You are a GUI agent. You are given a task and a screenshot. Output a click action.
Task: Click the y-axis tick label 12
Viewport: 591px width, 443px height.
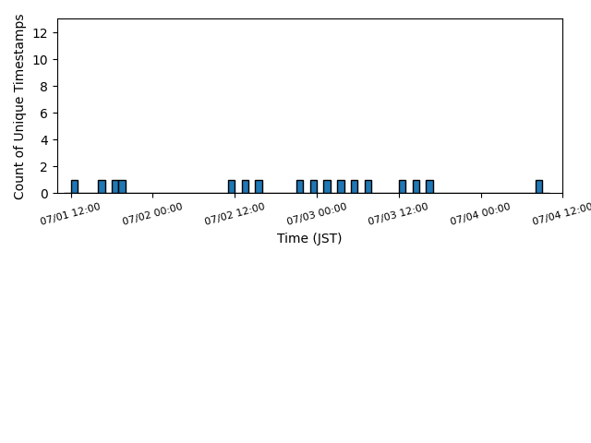pyautogui.click(x=40, y=33)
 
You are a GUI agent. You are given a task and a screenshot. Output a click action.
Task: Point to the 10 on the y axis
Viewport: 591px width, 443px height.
pyautogui.click(x=40, y=60)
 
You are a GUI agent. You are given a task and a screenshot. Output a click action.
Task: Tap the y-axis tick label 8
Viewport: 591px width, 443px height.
pyautogui.click(x=44, y=87)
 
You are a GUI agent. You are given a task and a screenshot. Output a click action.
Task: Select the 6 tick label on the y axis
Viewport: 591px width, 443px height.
pyautogui.click(x=44, y=114)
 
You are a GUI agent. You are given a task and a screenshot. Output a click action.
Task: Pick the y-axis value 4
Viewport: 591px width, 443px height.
pyautogui.click(x=44, y=140)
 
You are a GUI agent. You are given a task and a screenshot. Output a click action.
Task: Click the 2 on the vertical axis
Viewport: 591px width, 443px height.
pyautogui.click(x=44, y=167)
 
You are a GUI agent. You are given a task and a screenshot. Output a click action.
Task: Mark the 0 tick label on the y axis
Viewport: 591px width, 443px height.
pyautogui.click(x=44, y=194)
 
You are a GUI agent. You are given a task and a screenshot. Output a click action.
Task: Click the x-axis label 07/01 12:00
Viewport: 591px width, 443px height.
pyautogui.click(x=70, y=213)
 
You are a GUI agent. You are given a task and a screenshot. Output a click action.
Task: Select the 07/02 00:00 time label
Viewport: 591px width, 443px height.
pyautogui.click(x=152, y=213)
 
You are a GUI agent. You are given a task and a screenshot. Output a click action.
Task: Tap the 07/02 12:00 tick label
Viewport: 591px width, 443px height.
pyautogui.click(x=235, y=213)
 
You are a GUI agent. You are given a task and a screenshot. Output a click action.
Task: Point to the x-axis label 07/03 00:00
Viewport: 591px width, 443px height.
pyautogui.click(x=317, y=213)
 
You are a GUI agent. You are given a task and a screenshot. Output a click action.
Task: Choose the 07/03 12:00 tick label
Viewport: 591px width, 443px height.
pyautogui.click(x=398, y=213)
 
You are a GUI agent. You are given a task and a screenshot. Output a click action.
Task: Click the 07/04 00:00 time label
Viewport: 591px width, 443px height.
pyautogui.click(x=480, y=213)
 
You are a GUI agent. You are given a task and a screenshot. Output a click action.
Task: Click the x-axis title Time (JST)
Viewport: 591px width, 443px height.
pyautogui.click(x=309, y=238)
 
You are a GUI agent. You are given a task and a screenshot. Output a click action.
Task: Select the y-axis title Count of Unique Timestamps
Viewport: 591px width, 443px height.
pyautogui.click(x=18, y=107)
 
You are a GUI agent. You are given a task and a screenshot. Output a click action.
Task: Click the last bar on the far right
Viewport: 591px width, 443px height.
pyautogui.click(x=539, y=186)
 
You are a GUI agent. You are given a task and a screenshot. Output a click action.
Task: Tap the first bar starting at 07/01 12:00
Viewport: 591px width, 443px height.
pyautogui.click(x=75, y=186)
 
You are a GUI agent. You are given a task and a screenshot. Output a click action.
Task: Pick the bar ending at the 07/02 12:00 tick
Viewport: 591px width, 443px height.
pyautogui.click(x=232, y=186)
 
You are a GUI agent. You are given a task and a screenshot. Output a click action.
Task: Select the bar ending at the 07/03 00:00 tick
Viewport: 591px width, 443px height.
pyautogui.click(x=314, y=186)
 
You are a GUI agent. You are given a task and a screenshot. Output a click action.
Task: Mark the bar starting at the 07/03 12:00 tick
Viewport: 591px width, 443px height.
pyautogui.click(x=403, y=186)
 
